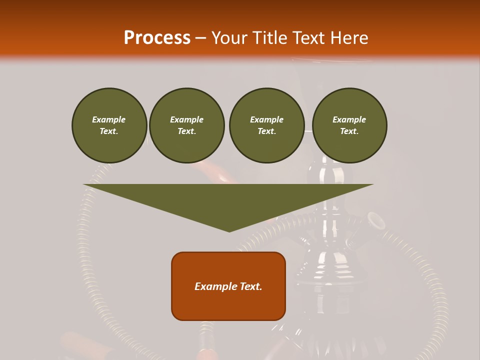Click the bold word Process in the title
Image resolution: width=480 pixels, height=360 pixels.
157,38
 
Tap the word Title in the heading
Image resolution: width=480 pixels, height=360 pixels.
269,38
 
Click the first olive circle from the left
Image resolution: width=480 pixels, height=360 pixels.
109,125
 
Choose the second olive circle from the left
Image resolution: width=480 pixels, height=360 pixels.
187,125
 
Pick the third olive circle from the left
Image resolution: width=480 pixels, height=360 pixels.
266,125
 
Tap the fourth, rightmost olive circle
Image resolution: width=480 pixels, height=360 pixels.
349,125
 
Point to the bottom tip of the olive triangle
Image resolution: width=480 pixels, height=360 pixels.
229,231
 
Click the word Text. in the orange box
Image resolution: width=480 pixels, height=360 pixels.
250,286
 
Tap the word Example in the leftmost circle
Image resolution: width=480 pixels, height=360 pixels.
109,119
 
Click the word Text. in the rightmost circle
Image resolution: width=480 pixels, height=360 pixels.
349,131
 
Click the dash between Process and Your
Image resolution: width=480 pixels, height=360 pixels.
201,38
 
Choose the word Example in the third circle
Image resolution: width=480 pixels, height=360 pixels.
266,119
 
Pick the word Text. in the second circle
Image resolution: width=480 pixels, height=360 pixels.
187,131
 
